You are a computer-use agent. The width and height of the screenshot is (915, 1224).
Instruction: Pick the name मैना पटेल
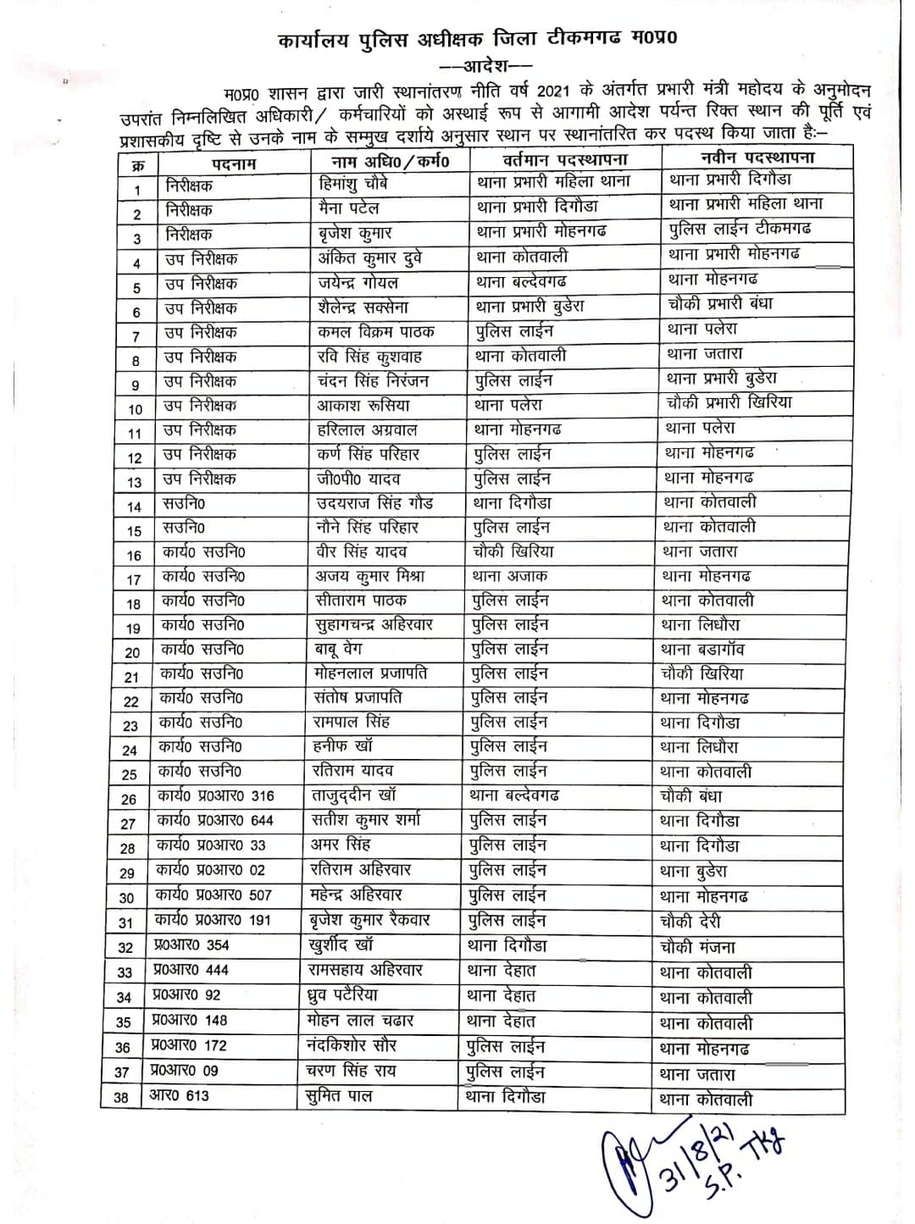point(347,208)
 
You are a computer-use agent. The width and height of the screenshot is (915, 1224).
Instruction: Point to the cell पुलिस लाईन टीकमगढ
point(740,229)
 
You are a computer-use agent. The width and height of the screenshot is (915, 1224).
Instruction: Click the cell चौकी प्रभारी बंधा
point(719,303)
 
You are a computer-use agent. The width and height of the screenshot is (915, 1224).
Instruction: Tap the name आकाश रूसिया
point(363,405)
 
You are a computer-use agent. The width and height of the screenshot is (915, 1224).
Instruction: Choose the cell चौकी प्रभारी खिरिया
point(729,402)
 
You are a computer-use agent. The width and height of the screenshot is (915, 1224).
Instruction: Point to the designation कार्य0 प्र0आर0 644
point(215,820)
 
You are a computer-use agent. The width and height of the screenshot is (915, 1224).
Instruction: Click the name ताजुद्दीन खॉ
point(352,795)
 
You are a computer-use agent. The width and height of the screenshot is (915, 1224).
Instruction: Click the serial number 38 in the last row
point(121,1098)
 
